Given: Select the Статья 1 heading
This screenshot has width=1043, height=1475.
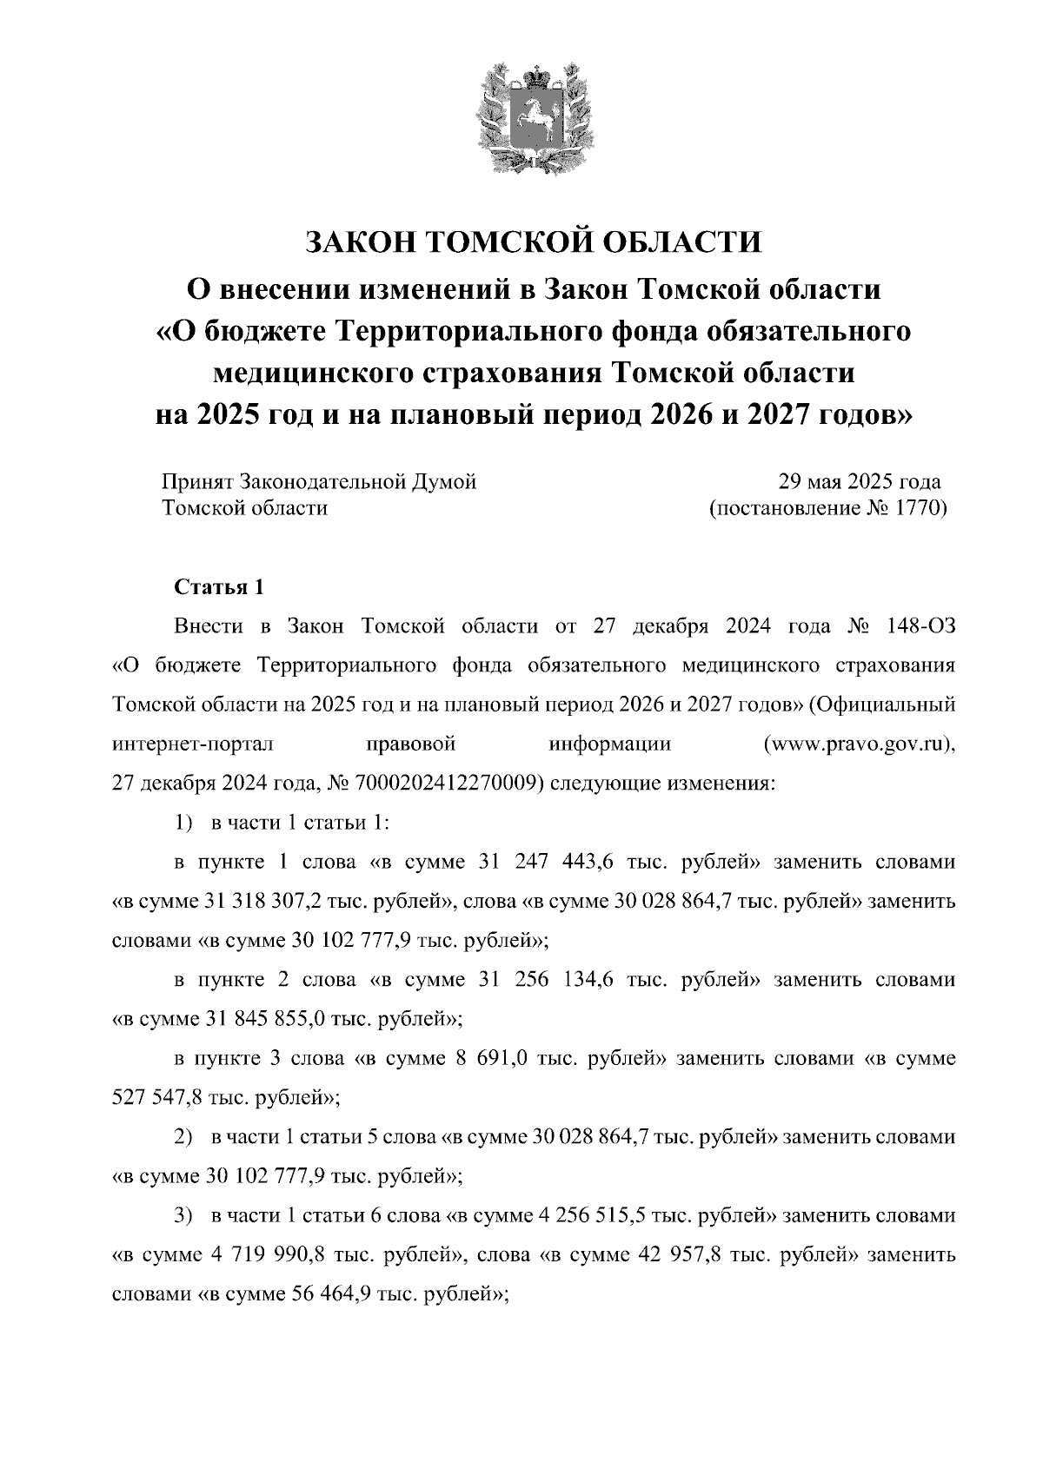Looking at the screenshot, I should (219, 587).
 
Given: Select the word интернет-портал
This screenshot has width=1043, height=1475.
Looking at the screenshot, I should (193, 744).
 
